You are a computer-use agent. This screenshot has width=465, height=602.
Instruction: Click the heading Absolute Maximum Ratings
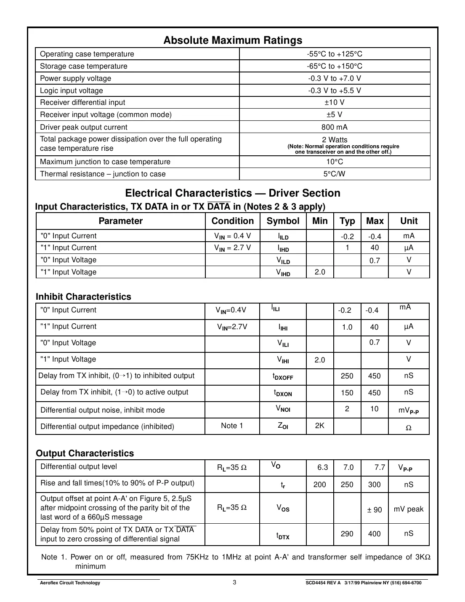click(232, 40)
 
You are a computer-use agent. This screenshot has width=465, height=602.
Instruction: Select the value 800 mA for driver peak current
click(335, 127)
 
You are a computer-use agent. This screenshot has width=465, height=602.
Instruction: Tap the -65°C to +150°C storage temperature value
click(335, 66)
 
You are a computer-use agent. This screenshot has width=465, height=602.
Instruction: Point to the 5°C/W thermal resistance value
click(335, 174)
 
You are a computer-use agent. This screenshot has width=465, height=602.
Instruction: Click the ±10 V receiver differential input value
click(335, 102)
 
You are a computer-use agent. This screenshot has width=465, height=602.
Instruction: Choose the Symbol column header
click(283, 221)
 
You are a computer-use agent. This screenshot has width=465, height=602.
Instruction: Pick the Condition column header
click(232, 221)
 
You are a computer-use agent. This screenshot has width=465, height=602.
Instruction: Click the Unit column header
click(409, 221)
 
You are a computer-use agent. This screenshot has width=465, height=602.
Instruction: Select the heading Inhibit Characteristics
click(83, 297)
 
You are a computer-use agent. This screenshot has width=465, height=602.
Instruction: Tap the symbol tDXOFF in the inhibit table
click(283, 376)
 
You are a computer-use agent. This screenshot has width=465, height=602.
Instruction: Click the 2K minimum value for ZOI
click(320, 426)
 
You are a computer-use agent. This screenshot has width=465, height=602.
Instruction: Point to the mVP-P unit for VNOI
click(408, 410)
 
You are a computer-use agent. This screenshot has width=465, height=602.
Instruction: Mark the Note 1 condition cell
click(232, 426)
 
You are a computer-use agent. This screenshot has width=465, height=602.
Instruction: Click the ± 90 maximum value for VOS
click(374, 510)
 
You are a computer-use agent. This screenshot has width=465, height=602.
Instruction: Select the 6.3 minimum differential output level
click(323, 467)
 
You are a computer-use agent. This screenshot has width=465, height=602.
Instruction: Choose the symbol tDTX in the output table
click(283, 535)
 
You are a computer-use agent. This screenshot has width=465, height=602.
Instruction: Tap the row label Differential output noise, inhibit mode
click(102, 410)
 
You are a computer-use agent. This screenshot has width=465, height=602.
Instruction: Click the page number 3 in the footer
click(234, 583)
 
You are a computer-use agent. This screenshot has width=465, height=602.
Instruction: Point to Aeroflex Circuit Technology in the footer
click(70, 583)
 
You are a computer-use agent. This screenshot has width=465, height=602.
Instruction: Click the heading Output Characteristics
click(85, 453)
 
